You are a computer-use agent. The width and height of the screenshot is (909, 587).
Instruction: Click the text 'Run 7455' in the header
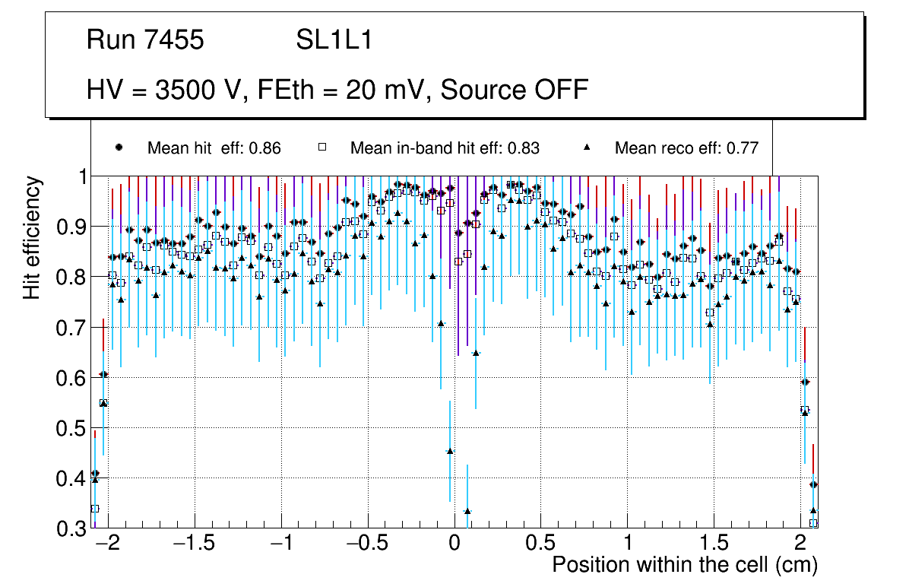(x=145, y=40)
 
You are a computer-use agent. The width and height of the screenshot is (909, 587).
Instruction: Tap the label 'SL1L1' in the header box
(x=334, y=40)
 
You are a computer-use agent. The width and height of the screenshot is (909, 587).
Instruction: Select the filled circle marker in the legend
(x=119, y=148)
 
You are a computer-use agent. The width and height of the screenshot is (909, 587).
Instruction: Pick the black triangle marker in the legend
(x=587, y=148)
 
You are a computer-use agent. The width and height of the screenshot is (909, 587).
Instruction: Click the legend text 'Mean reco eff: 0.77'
(x=686, y=148)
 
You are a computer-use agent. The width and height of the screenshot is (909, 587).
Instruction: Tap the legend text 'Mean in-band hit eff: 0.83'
(x=445, y=148)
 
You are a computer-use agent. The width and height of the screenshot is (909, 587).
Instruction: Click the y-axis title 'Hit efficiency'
(x=31, y=237)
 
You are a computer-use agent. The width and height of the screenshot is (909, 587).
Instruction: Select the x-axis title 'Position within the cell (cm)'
(x=684, y=565)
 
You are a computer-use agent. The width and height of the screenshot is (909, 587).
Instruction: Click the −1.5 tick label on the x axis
(x=195, y=544)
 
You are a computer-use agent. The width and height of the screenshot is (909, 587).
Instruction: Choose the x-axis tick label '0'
(x=454, y=544)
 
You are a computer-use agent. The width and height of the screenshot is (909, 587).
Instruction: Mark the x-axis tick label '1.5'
(x=713, y=544)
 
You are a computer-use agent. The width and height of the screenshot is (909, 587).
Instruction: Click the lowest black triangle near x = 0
(x=467, y=512)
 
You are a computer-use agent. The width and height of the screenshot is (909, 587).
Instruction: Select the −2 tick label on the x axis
(x=108, y=544)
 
